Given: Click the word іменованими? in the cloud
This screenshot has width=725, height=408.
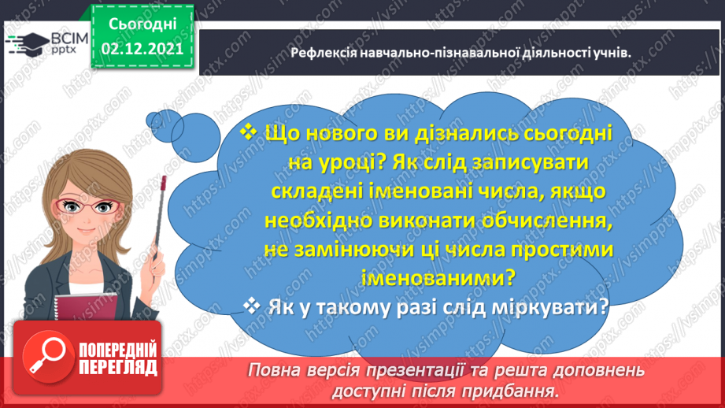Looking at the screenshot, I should (x=449, y=276).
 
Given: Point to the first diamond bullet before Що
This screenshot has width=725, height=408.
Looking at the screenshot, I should (x=248, y=131).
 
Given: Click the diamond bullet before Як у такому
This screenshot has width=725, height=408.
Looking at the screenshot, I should (x=252, y=307).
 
